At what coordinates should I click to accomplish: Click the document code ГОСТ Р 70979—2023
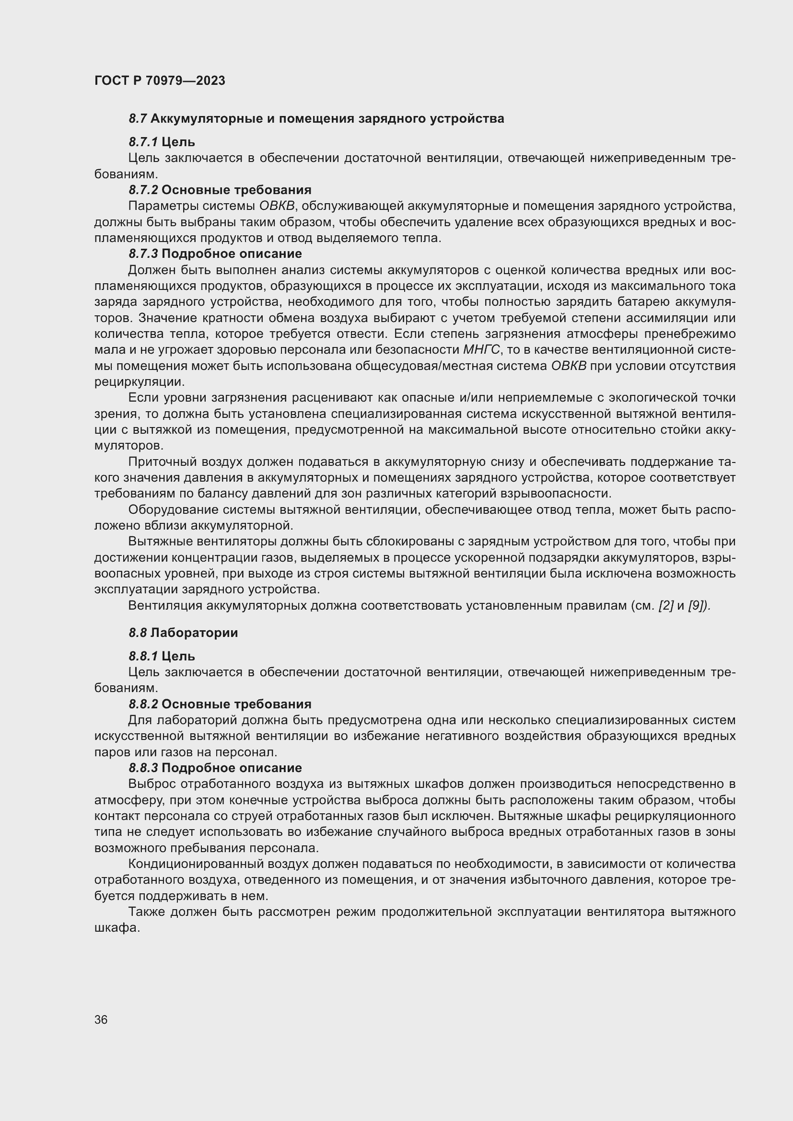(160, 81)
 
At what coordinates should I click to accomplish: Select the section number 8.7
(138, 119)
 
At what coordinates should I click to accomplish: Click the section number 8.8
(138, 633)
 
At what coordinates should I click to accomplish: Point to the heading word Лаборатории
(194, 633)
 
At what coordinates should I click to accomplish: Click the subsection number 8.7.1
(143, 142)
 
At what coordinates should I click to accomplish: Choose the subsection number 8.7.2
(143, 190)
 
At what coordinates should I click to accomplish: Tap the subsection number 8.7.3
(143, 254)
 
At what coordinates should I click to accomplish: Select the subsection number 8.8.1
(143, 656)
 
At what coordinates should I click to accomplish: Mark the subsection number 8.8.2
(143, 704)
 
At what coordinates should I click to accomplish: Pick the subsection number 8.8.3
(143, 768)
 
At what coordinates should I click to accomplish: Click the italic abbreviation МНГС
(481, 350)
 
